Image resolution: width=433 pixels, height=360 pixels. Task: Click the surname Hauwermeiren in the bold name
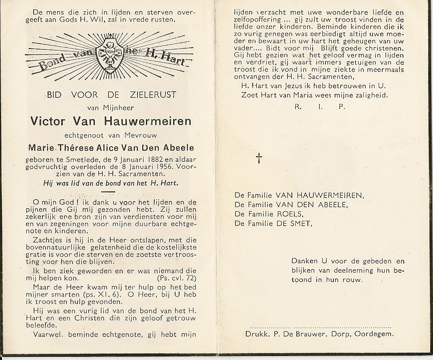pos(148,121)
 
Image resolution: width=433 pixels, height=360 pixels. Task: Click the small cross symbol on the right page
pos(259,158)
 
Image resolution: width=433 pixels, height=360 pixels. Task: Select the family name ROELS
pos(288,214)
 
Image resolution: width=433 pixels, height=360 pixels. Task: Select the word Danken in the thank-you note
pos(305,261)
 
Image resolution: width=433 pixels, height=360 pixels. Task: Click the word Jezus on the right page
pos(299,86)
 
